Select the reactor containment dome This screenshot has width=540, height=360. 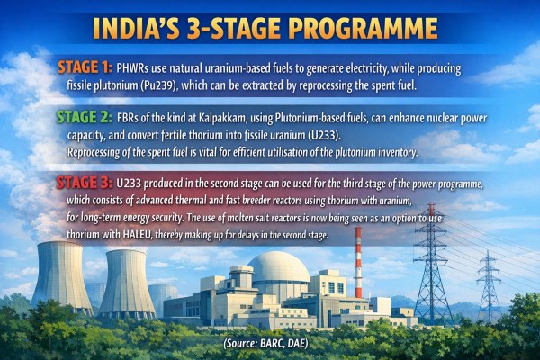click(x=280, y=269)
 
